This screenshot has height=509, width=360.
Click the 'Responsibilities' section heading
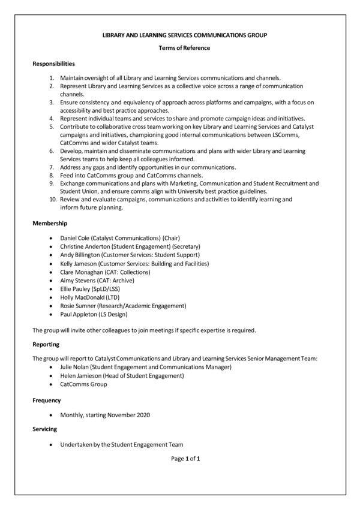pos(53,63)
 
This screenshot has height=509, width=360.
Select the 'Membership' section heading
pos(50,223)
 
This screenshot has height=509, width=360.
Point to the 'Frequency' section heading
pos(47,400)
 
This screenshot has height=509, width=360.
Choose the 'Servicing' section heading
pos(45,429)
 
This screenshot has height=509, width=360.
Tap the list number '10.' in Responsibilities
pos(52,199)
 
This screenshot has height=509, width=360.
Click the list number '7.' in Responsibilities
pos(53,167)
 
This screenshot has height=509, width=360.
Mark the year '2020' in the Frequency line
pos(142,415)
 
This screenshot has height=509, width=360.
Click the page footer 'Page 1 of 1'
pos(185,459)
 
